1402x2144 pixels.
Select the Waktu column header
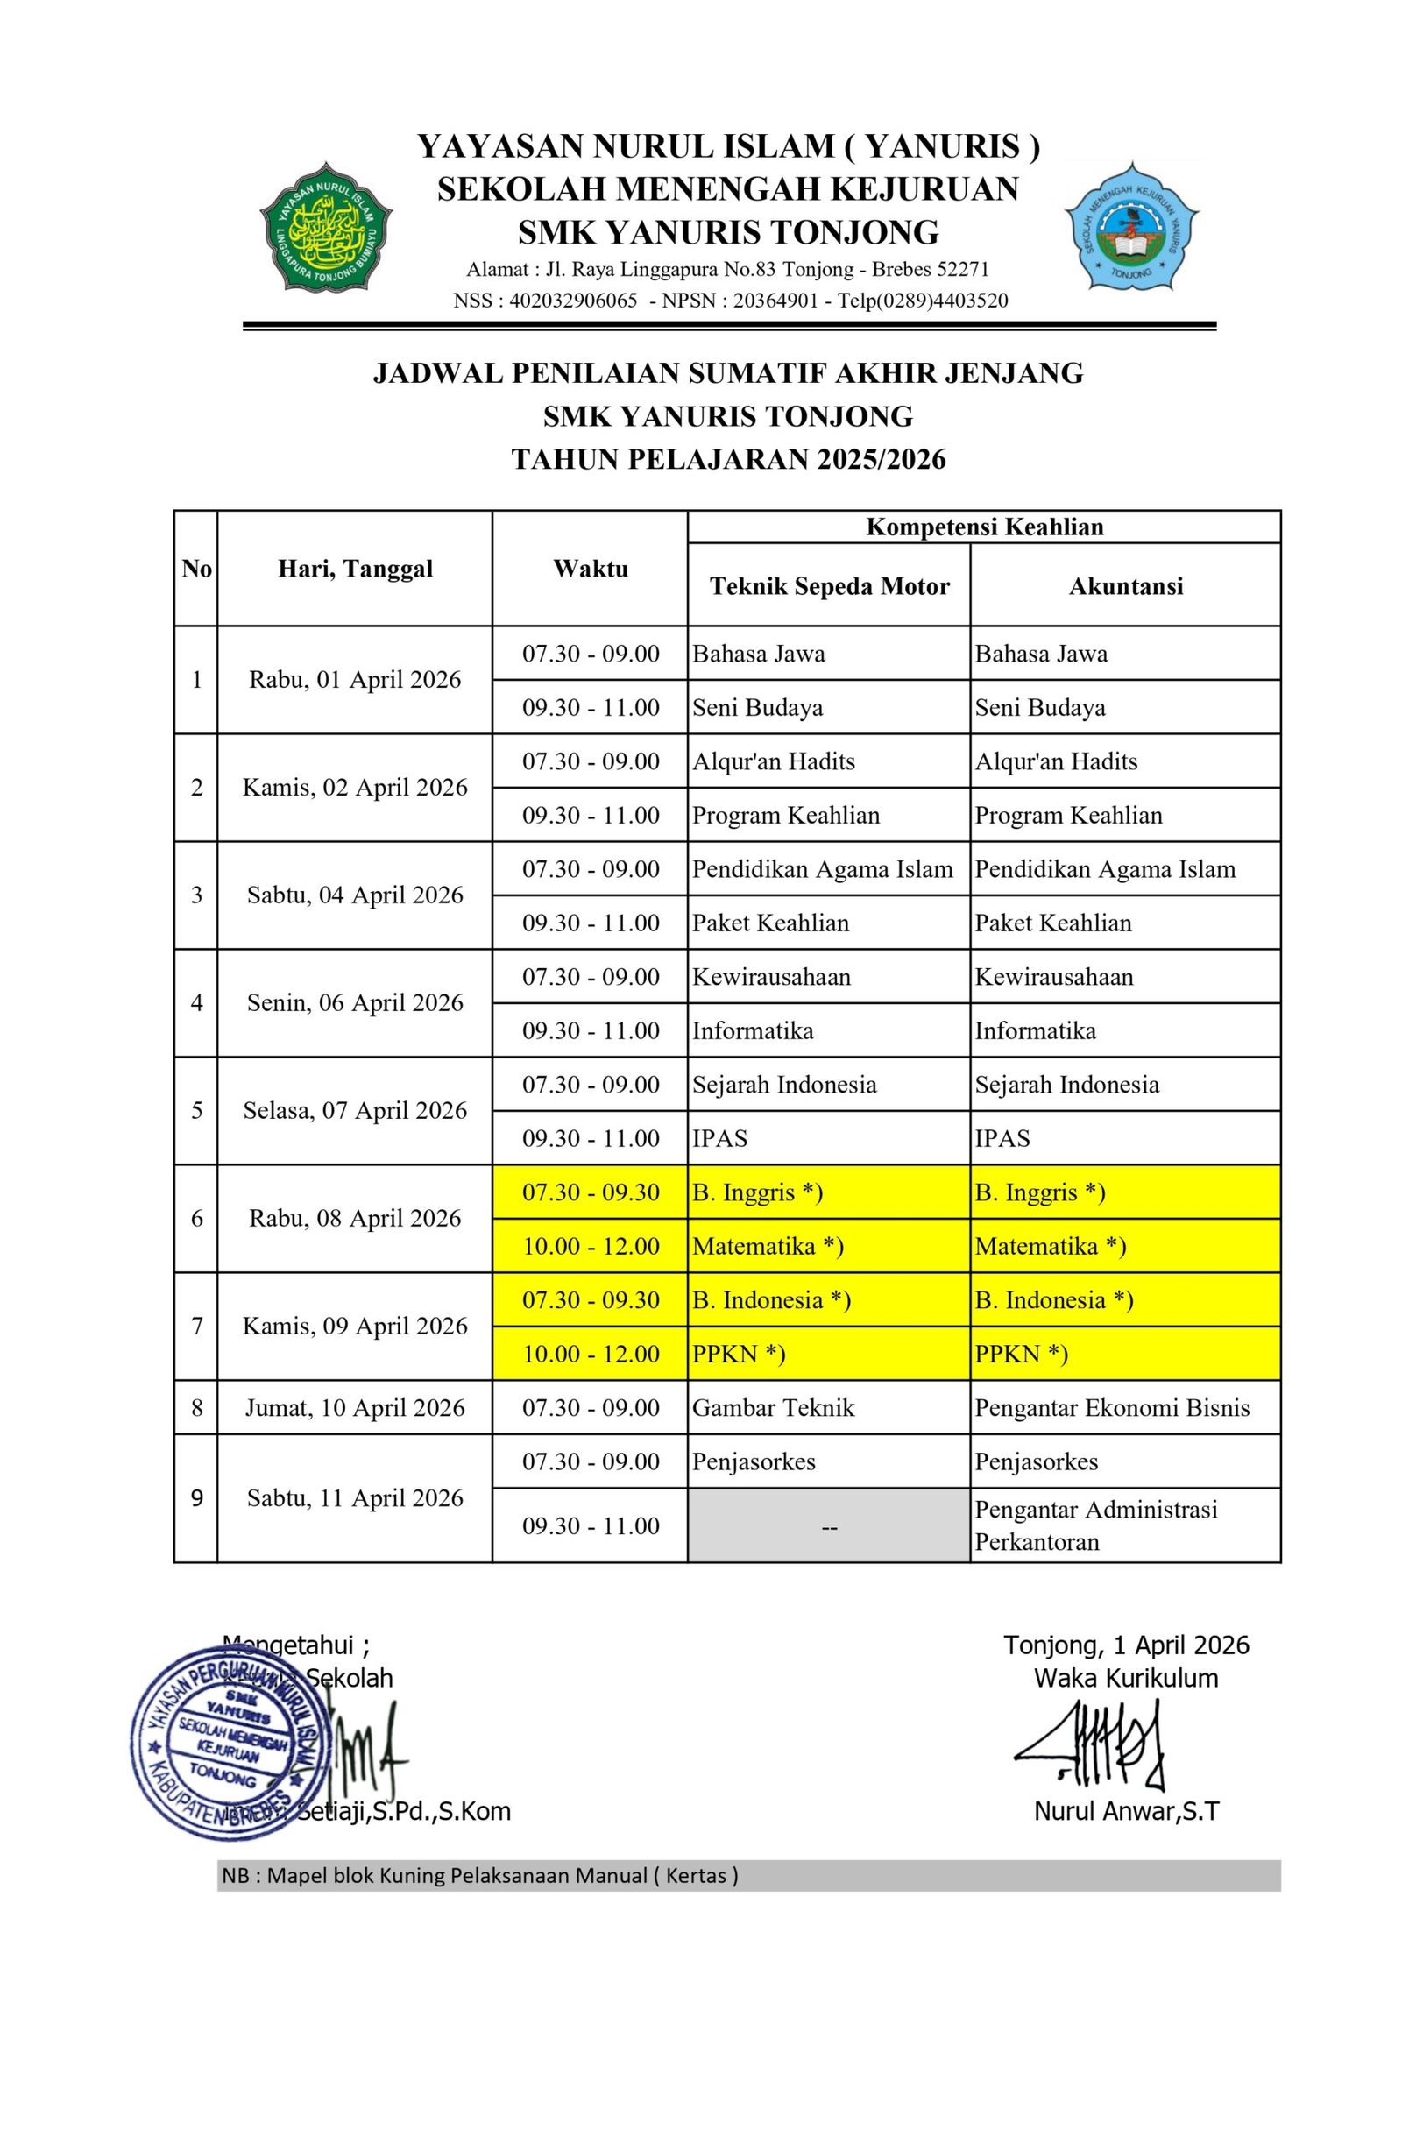[x=591, y=569]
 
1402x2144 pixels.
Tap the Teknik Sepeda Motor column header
[x=829, y=586]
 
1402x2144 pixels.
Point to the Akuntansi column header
[x=1125, y=586]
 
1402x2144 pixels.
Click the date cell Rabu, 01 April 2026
[x=355, y=680]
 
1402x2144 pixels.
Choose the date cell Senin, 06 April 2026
[x=355, y=1002]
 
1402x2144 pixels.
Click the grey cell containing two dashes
[x=829, y=1526]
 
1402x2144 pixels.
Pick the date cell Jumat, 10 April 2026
[x=355, y=1407]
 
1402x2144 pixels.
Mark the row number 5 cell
[x=196, y=1110]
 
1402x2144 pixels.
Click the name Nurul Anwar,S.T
[x=1125, y=1812]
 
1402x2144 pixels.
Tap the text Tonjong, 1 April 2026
[x=1126, y=1645]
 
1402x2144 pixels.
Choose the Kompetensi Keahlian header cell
[x=984, y=527]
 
